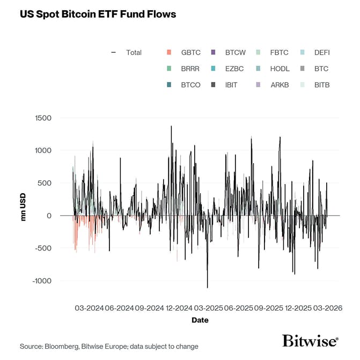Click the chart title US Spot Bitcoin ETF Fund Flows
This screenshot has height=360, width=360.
click(x=98, y=14)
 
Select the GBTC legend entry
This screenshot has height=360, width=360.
click(x=185, y=53)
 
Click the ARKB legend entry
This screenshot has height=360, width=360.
click(x=275, y=85)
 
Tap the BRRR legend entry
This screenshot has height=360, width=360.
click(x=185, y=69)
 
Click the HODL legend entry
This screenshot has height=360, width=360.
click(x=275, y=69)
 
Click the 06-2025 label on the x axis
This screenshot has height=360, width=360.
click(x=238, y=308)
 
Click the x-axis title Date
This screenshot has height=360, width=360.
click(x=200, y=320)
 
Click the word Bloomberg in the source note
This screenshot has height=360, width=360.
click(x=63, y=347)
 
